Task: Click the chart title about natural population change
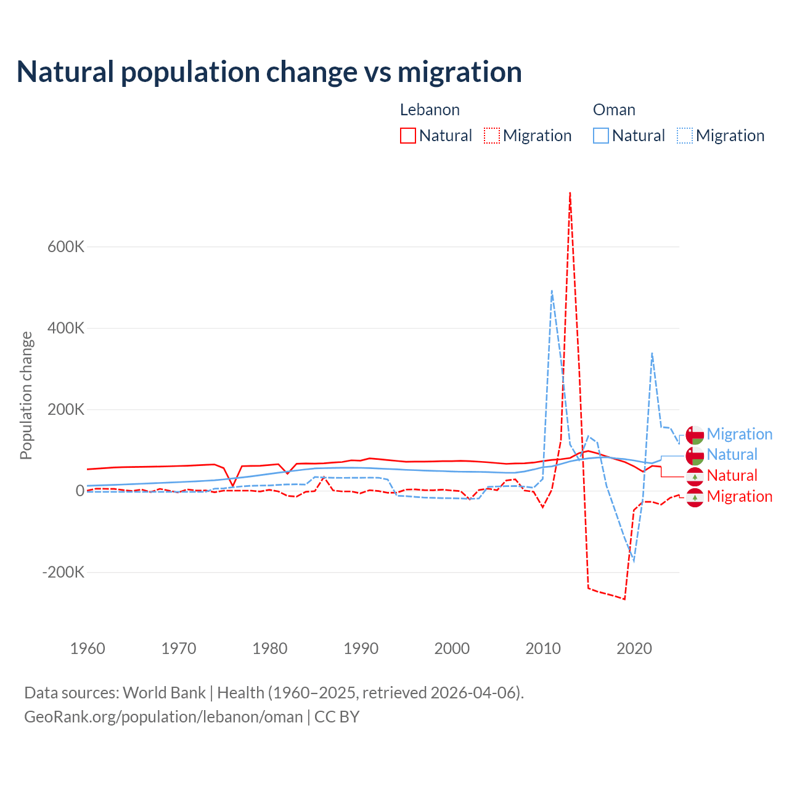click(x=269, y=72)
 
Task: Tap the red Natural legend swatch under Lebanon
click(x=408, y=136)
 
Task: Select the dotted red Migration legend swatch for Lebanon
click(x=492, y=136)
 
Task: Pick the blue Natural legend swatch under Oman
click(x=601, y=136)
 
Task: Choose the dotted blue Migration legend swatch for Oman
click(x=685, y=136)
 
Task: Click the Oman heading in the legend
click(x=614, y=110)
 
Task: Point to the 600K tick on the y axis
click(x=66, y=247)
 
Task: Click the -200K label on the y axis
click(x=63, y=572)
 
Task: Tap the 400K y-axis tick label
click(x=66, y=328)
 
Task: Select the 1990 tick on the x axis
click(x=361, y=648)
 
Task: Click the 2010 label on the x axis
click(x=543, y=648)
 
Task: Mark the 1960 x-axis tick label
click(x=88, y=648)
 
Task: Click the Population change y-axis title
click(x=26, y=395)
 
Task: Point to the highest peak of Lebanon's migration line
click(x=570, y=194)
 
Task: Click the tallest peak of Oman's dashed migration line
click(x=552, y=291)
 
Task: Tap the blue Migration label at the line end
click(x=739, y=434)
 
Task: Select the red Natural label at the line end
click(x=732, y=475)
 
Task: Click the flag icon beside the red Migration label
click(x=695, y=497)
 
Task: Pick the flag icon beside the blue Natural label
click(x=695, y=456)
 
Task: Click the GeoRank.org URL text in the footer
click(x=163, y=717)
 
